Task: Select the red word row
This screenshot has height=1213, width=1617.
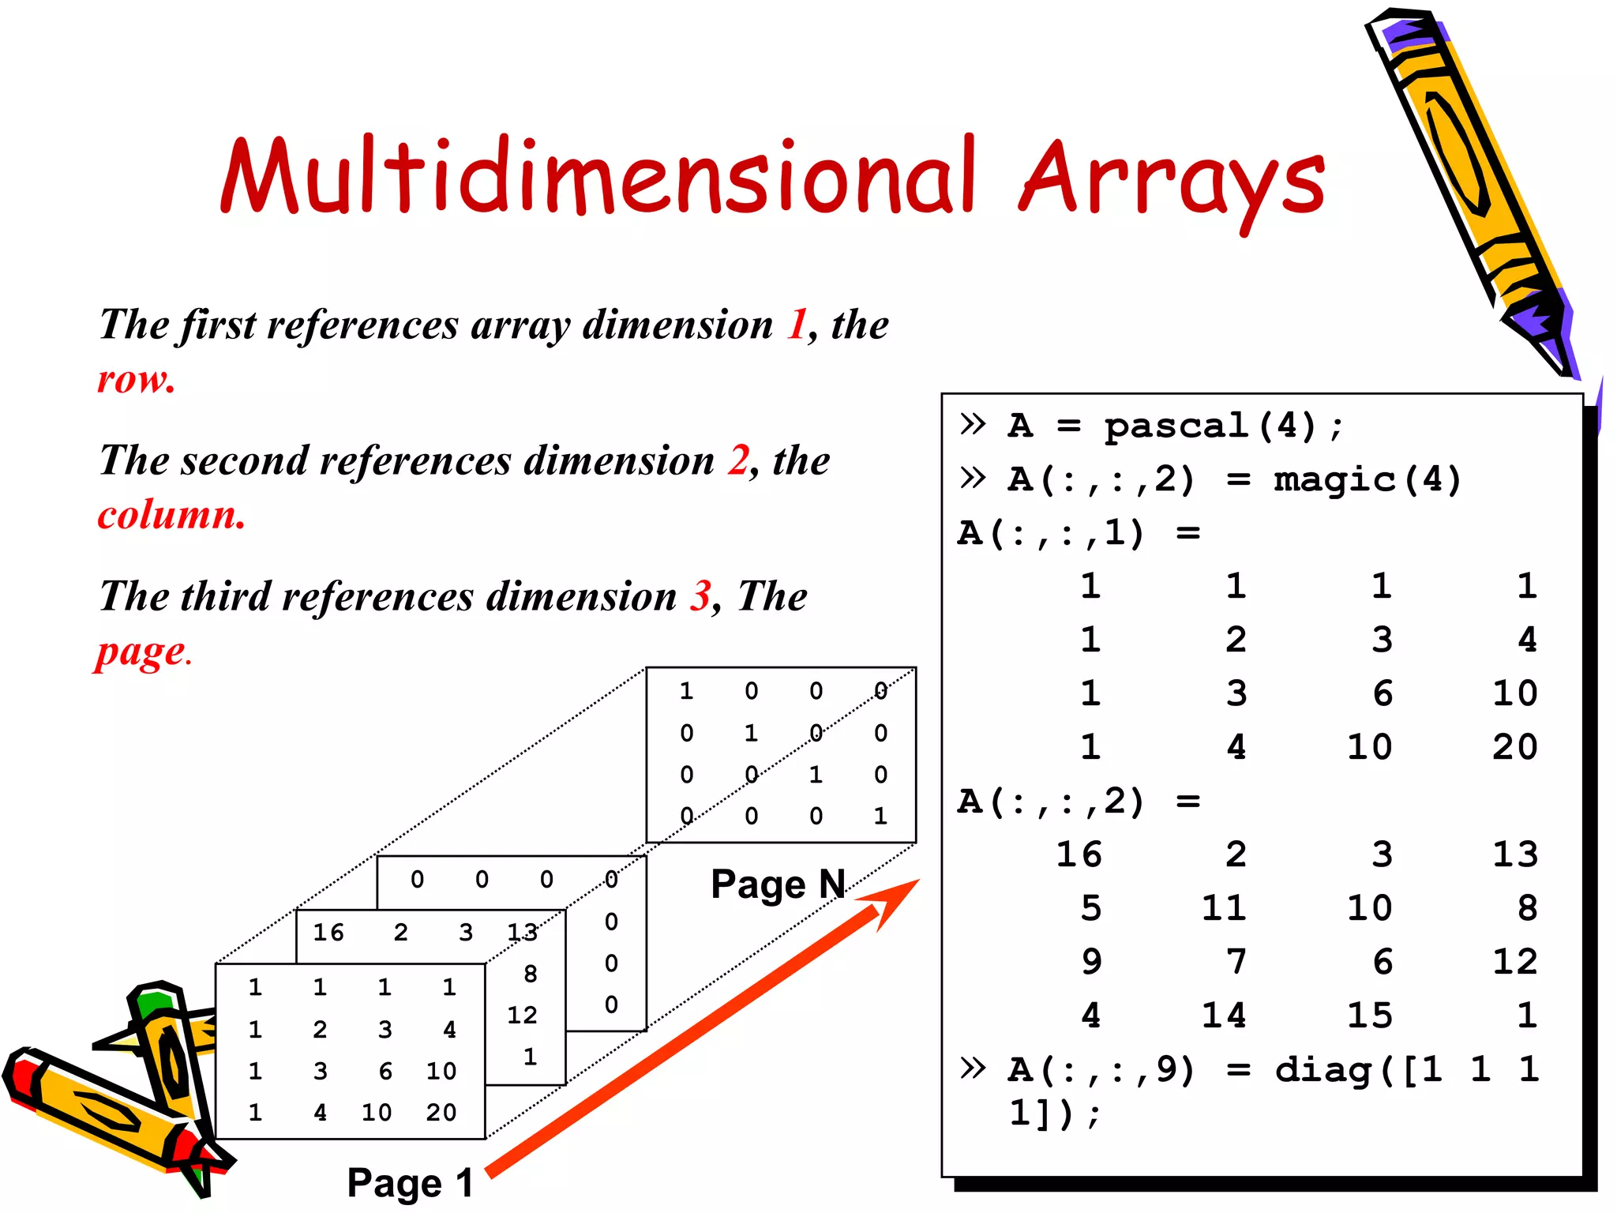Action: [135, 380]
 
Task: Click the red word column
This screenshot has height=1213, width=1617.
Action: [171, 515]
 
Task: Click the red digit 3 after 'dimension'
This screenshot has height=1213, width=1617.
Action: [700, 596]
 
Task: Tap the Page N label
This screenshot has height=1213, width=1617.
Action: [778, 884]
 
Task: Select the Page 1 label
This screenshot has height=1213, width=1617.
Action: [410, 1183]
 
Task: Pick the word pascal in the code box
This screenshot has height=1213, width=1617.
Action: [1176, 426]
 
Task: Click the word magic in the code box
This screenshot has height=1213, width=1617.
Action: [1335, 479]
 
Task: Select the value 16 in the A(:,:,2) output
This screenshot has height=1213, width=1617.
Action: [1079, 854]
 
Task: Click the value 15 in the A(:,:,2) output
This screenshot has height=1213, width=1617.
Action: [1369, 1016]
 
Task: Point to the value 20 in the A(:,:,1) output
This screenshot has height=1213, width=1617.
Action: [1514, 747]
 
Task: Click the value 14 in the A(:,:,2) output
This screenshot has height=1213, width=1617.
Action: [1224, 1016]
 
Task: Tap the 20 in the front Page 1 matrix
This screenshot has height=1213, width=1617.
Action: [441, 1113]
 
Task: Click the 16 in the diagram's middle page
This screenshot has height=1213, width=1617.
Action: [328, 933]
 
